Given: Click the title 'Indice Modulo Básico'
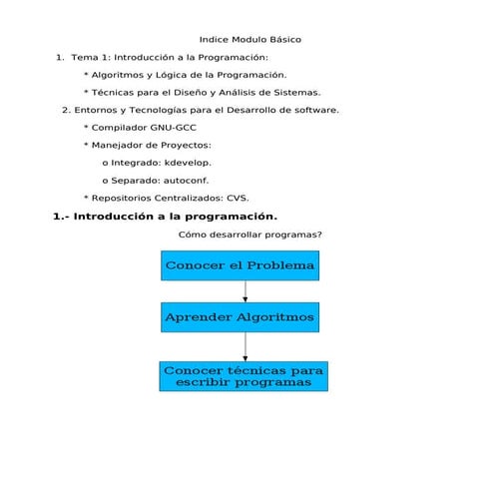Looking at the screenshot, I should click(250, 39).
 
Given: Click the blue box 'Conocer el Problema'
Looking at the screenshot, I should click(240, 265).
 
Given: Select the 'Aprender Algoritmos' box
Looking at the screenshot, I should click(240, 317).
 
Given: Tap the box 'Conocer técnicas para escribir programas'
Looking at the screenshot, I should click(243, 376).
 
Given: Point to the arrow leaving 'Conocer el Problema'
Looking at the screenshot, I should click(245, 291).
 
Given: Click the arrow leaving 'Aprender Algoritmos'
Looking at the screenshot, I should click(245, 346).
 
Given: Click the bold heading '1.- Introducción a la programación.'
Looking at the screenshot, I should click(165, 217).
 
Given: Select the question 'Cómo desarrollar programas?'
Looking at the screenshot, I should click(249, 236).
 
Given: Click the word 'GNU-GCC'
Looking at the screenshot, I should click(174, 128).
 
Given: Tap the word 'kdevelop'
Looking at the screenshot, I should click(187, 162).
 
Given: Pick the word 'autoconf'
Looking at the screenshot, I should click(186, 180).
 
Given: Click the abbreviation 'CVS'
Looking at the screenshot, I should click(237, 198).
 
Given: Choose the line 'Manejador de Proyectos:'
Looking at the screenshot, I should click(154, 145).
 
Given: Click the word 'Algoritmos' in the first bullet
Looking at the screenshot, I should click(122, 75).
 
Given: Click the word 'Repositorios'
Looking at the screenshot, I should click(122, 198).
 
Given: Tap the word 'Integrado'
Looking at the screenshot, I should click(135, 162).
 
